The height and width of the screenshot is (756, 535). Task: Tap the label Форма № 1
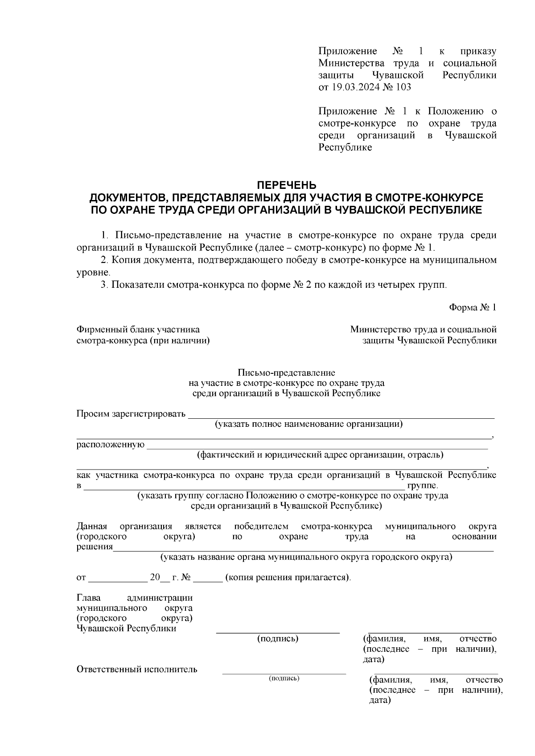coord(473,307)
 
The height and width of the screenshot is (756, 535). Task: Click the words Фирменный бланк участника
coord(138,330)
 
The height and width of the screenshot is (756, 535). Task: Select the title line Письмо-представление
coord(286,372)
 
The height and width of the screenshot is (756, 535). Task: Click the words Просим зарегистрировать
coord(131,414)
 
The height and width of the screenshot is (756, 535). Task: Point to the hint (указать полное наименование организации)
coord(309,424)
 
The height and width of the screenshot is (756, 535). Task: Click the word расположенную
coord(111,445)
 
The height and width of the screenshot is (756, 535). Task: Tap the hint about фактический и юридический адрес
coord(320,455)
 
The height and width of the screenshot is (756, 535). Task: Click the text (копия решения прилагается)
coord(288,577)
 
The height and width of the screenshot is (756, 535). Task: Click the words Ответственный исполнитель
coord(137,669)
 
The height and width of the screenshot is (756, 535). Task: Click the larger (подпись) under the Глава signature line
coord(278,639)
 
